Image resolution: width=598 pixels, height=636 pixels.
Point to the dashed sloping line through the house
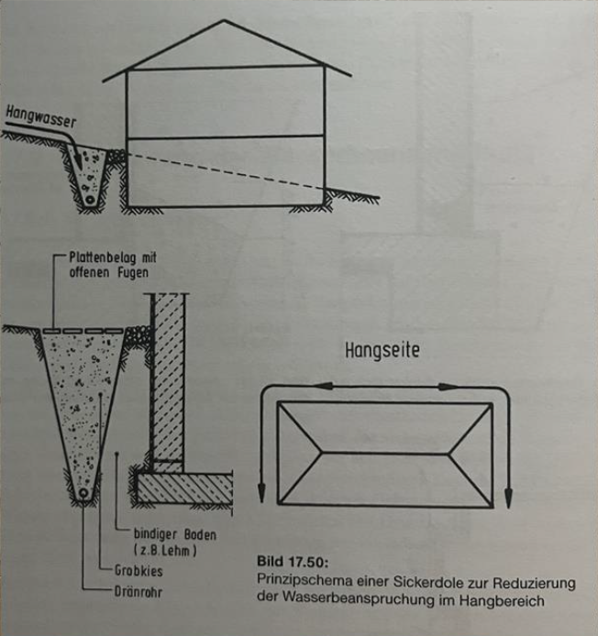pos(229,170)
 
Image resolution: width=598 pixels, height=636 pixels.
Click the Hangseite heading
pos(383,350)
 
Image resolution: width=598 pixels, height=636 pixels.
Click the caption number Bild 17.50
pos(288,561)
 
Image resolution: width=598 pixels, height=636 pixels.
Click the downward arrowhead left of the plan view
pos(261,493)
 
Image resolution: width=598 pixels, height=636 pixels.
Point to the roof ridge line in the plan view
pos(384,450)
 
